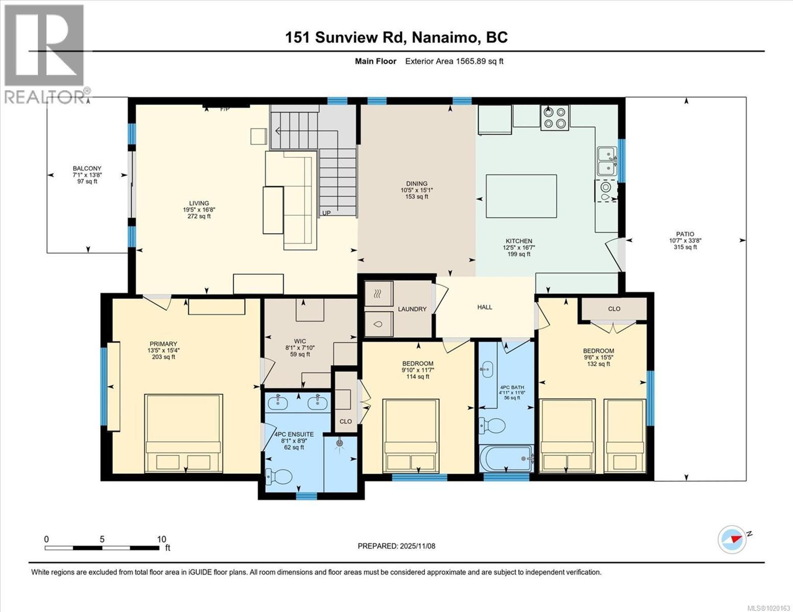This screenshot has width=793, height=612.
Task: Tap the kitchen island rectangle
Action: (521, 196)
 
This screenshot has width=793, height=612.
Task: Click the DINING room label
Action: (417, 184)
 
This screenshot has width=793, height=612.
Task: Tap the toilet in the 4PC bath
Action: (492, 425)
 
